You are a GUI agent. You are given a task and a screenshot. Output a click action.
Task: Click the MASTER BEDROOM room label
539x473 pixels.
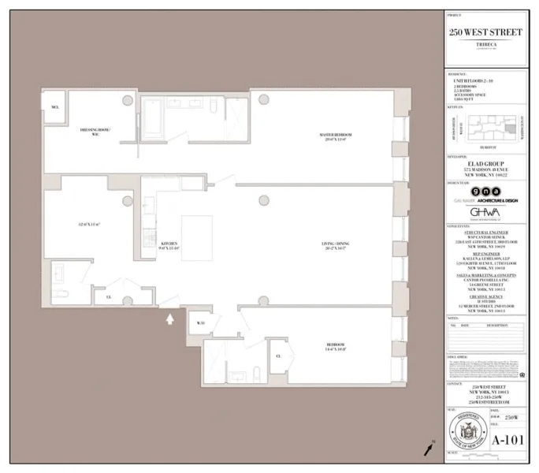point(336,136)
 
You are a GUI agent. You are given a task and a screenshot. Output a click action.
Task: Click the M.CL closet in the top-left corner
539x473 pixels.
point(55,107)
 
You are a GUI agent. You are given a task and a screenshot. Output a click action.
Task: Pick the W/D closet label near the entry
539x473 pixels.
point(201,322)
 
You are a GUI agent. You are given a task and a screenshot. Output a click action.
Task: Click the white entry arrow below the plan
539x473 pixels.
point(169,318)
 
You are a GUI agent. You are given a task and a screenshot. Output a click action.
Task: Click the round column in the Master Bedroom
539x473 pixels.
point(261,100)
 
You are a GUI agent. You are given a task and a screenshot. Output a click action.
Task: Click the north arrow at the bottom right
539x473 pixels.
point(428,449)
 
